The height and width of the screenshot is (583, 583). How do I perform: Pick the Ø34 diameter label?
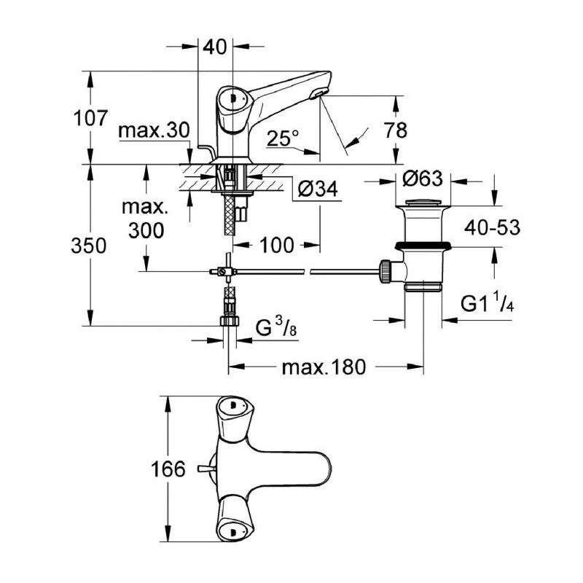click(318, 189)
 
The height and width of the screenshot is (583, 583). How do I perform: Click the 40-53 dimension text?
click(494, 227)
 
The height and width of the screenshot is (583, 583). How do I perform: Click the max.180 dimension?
click(323, 367)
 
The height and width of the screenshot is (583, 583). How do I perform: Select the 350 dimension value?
click(89, 246)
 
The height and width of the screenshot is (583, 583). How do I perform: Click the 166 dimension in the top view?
click(169, 470)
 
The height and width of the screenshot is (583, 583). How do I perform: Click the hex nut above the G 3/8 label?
click(230, 321)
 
